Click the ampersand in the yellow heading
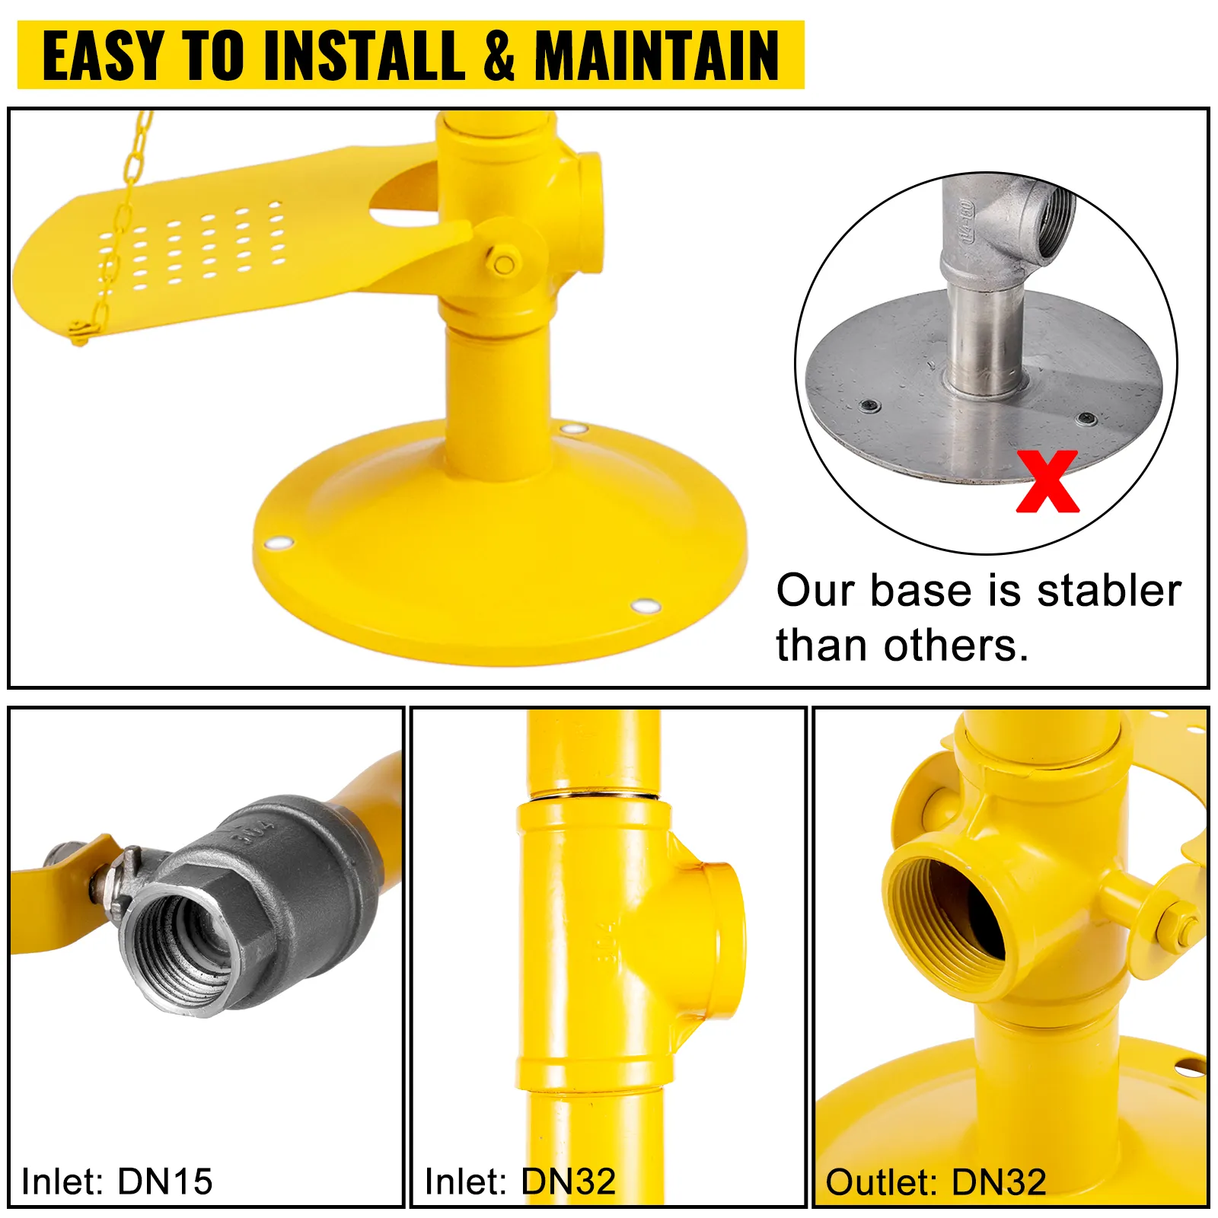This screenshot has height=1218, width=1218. coord(499,56)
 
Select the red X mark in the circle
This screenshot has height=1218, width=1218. coord(1047,481)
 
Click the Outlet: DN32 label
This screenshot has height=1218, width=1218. coord(936,1182)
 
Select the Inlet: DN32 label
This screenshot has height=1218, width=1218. coord(520,1181)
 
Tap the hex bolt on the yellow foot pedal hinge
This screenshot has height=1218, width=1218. coord(503,263)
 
